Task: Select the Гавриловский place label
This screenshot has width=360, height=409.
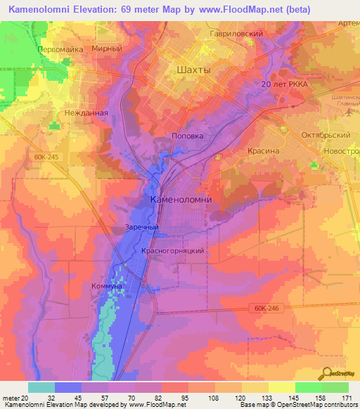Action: coord(236,33)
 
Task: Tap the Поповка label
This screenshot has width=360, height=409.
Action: coord(188,136)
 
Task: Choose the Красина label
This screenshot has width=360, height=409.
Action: coord(264,150)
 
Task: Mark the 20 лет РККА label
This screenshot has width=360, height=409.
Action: coord(285,84)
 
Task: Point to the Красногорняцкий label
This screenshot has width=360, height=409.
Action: coord(173,250)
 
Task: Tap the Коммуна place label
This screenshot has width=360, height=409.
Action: coord(107,287)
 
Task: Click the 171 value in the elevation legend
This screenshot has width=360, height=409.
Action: coord(345,398)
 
